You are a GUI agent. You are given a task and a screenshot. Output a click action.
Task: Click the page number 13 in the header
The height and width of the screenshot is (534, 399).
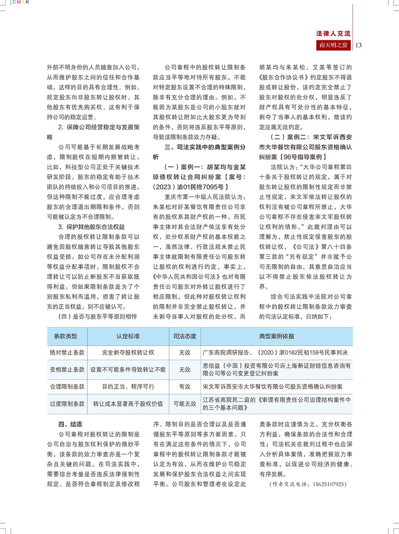pos(358,45)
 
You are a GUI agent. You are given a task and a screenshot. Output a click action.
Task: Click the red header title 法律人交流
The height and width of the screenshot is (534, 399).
pos(333,34)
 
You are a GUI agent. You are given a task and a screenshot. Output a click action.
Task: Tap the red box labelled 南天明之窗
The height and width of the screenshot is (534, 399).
pos(333,45)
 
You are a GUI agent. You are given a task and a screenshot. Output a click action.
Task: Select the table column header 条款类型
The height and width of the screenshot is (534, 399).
pos(65,336)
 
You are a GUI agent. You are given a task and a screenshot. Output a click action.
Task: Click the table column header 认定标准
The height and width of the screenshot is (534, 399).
pos(128,336)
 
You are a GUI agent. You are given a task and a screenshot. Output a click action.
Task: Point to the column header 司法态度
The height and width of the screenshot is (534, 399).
pos(185,336)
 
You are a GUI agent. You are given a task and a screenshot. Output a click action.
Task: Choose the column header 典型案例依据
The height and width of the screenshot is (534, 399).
pos(277,336)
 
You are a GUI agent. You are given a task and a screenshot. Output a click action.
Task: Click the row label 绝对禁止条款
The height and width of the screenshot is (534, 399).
pos(67,352)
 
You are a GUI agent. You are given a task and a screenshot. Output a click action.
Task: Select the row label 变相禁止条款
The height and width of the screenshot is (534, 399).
pos(67,370)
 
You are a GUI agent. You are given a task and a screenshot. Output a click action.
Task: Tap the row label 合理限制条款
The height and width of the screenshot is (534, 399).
pos(67,387)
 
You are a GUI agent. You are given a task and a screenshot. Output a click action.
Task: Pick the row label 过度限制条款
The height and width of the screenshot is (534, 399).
pos(67,404)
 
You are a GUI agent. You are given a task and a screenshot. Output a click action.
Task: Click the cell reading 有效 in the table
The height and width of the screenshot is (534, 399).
pos(185,387)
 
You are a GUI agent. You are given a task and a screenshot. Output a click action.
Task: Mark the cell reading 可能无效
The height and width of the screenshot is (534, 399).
pos(185,404)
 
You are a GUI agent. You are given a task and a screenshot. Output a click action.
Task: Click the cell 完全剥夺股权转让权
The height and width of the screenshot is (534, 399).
pos(128,352)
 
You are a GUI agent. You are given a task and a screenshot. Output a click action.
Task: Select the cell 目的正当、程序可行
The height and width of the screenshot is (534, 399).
pos(128,387)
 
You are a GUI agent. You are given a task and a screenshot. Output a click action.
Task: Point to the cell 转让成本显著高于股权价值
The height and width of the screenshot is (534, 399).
pos(128,404)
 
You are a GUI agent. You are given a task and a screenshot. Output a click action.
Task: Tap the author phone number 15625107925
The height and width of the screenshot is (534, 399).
pos(328,484)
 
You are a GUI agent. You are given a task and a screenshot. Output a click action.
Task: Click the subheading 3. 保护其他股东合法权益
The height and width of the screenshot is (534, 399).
pos(91,227)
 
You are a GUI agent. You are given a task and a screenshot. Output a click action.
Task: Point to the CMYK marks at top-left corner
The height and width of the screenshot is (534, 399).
pos(21,2)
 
